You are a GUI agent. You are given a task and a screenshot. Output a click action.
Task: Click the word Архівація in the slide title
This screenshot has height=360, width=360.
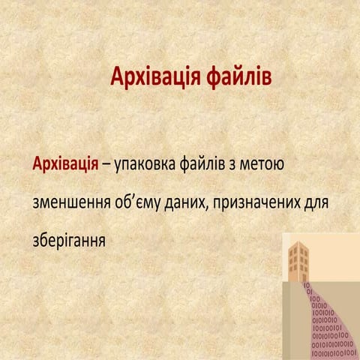(x=153, y=76)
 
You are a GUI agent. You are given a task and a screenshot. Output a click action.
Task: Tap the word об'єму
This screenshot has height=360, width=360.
(x=140, y=202)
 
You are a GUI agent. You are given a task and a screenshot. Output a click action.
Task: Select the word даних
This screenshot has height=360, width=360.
(x=187, y=202)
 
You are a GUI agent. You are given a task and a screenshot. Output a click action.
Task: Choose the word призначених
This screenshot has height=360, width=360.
(x=256, y=202)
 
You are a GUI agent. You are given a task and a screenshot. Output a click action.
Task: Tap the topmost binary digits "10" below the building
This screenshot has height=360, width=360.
(x=306, y=286)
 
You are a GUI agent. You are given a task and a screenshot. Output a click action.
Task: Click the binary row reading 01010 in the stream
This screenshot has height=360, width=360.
(x=318, y=305)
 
